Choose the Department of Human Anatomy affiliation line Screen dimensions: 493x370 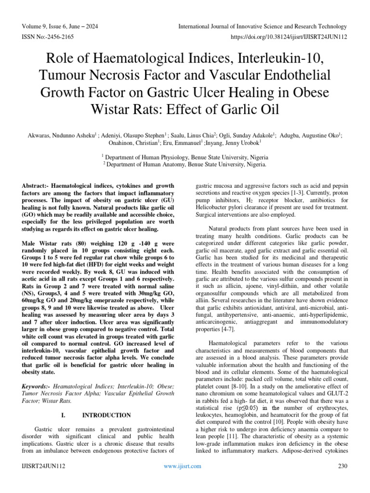(x=185, y=164)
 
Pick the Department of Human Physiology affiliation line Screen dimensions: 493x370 (x=185, y=157)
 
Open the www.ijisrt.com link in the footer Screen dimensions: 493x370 (x=181, y=466)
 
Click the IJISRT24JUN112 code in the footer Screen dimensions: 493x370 (x=44, y=466)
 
